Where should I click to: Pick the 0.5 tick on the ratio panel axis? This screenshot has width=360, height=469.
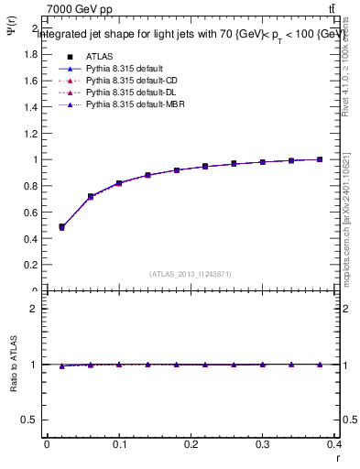click(x=30, y=420)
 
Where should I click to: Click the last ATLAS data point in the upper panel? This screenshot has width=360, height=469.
click(x=320, y=159)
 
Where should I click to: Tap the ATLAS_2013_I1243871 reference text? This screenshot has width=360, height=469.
click(x=191, y=275)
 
